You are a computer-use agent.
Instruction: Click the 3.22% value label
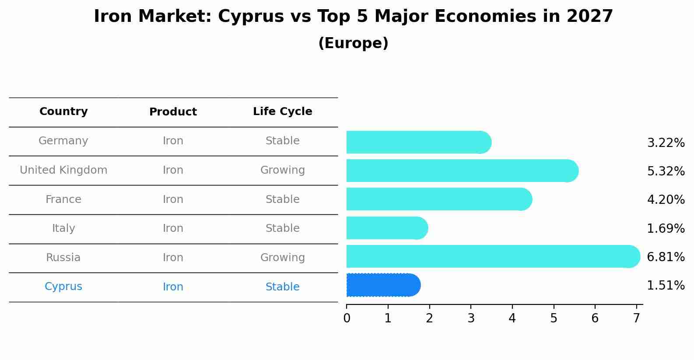click(x=666, y=143)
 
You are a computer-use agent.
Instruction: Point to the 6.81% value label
click(x=666, y=257)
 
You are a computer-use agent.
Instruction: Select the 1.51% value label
click(x=666, y=286)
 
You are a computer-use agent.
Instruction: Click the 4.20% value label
click(x=666, y=200)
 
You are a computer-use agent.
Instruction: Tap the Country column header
click(x=63, y=112)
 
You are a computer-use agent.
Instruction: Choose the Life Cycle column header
click(x=282, y=112)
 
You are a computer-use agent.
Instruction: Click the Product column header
click(x=173, y=112)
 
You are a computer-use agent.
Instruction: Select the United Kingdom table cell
click(x=63, y=170)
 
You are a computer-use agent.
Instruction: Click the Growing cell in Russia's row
click(x=282, y=258)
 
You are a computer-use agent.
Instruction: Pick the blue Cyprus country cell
click(x=63, y=287)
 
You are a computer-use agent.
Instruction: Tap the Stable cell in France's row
click(x=282, y=199)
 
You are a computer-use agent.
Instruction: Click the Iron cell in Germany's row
click(x=173, y=141)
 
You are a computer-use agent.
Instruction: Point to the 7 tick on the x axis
click(x=636, y=318)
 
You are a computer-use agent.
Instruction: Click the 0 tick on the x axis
click(x=347, y=318)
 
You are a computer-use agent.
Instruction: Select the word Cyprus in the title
click(x=251, y=17)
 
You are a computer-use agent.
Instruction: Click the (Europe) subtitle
click(x=353, y=43)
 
